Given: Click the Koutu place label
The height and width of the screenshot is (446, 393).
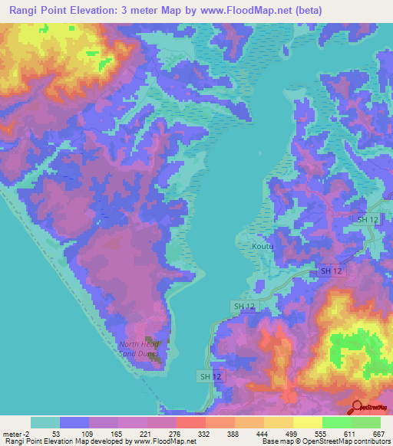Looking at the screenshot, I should pos(262,246).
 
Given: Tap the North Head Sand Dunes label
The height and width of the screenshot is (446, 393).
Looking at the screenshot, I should pos(139,349).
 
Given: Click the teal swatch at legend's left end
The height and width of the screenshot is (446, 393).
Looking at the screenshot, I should pos(45,422).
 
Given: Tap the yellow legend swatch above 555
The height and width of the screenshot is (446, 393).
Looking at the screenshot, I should pos(307,422).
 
